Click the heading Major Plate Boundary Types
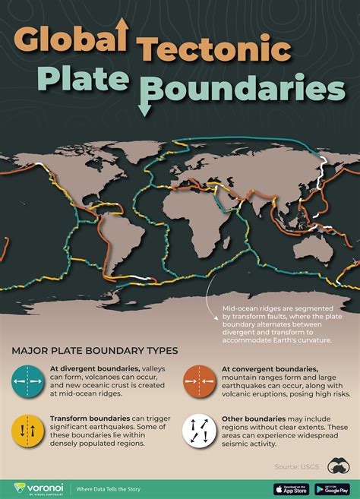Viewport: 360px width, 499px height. click(94, 351)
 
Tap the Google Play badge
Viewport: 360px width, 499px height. click(332, 488)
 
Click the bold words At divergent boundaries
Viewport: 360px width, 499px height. click(90, 367)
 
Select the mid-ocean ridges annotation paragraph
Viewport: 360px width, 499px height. click(276, 324)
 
